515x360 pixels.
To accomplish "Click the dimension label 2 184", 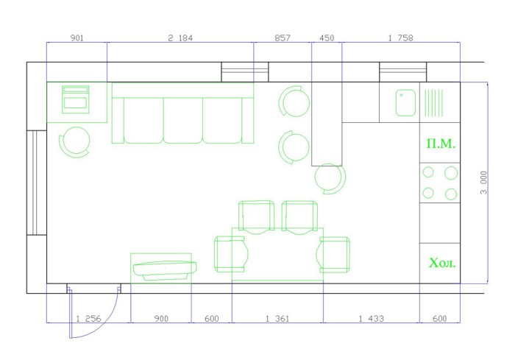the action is pyautogui.click(x=180, y=38).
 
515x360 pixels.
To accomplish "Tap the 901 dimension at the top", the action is pyautogui.click(x=77, y=38).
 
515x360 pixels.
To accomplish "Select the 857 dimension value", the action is pyautogui.click(x=283, y=38).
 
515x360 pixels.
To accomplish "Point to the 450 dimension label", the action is pyautogui.click(x=327, y=38).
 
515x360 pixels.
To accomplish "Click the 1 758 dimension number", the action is pyautogui.click(x=400, y=38).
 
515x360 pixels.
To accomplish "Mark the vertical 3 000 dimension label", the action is pyautogui.click(x=483, y=183).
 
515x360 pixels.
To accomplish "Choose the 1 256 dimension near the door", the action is pyautogui.click(x=88, y=319).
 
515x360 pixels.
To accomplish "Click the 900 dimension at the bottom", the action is pyautogui.click(x=161, y=319).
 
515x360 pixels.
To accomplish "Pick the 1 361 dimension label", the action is pyautogui.click(x=277, y=319).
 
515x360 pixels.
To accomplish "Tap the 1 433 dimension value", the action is pyautogui.click(x=371, y=319).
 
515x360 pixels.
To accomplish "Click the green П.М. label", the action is pyautogui.click(x=441, y=144).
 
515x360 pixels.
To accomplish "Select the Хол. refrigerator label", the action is pyautogui.click(x=442, y=263).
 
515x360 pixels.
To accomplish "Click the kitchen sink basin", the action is pyautogui.click(x=405, y=103).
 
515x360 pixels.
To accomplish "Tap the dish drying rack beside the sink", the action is pyautogui.click(x=433, y=103).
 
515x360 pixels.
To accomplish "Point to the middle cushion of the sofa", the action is pyautogui.click(x=183, y=120).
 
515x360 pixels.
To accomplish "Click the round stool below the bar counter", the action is pyautogui.click(x=330, y=178).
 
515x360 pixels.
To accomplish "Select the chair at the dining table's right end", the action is pyautogui.click(x=333, y=255).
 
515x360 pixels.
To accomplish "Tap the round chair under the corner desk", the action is pyautogui.click(x=74, y=141).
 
